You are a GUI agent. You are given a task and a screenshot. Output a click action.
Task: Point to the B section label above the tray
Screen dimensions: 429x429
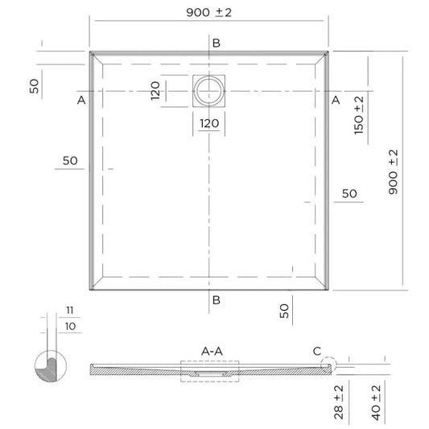pos(215,43)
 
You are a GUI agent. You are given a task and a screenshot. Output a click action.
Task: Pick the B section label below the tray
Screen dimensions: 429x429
pos(216,301)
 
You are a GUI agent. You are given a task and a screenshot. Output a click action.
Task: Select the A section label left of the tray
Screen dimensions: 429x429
pos(80,101)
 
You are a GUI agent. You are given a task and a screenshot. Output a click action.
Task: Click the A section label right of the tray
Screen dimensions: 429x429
pos(336,101)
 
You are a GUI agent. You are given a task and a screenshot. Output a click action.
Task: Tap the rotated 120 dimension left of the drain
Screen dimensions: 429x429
pos(157,90)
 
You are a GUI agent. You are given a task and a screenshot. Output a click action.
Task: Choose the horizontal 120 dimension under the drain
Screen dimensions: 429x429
pos(209,123)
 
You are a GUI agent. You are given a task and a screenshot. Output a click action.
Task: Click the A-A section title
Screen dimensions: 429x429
pos(212,351)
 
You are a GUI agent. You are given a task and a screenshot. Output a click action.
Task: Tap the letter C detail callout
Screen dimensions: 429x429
pos(316,350)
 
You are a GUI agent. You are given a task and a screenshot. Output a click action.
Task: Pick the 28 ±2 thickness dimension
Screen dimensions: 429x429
pos(340,402)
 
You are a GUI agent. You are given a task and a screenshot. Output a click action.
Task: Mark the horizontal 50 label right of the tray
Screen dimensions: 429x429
pos(349,194)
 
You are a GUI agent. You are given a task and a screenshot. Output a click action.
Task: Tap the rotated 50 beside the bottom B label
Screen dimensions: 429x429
pos(284,311)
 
